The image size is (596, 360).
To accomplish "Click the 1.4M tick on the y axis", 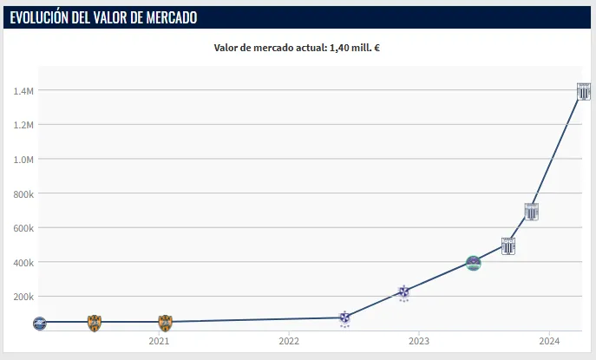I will point(23,90).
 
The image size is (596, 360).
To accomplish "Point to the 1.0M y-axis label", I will point(23,159).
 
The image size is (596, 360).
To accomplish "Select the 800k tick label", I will point(23,193).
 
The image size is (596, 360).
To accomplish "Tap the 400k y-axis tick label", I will point(23,262).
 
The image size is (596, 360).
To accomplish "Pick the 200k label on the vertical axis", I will point(23,297).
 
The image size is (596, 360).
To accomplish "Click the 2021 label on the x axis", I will point(159,342).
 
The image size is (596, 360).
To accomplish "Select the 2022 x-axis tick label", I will point(289,342).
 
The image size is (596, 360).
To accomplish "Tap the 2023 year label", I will point(419,342).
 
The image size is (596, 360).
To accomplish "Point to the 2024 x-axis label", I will point(549,342).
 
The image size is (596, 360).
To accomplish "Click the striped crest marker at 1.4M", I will point(585,91).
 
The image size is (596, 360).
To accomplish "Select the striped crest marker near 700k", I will point(532,211).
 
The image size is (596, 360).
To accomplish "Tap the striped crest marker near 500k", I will point(508,246).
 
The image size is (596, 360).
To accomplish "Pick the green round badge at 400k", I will point(473,263).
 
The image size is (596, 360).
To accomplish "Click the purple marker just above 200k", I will point(403,292).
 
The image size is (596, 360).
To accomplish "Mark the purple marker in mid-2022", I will point(344,318).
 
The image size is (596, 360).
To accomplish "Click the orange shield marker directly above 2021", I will point(165,323).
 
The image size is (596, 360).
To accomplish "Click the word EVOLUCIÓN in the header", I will point(44,17).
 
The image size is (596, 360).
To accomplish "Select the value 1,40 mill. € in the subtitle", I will point(354,48).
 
